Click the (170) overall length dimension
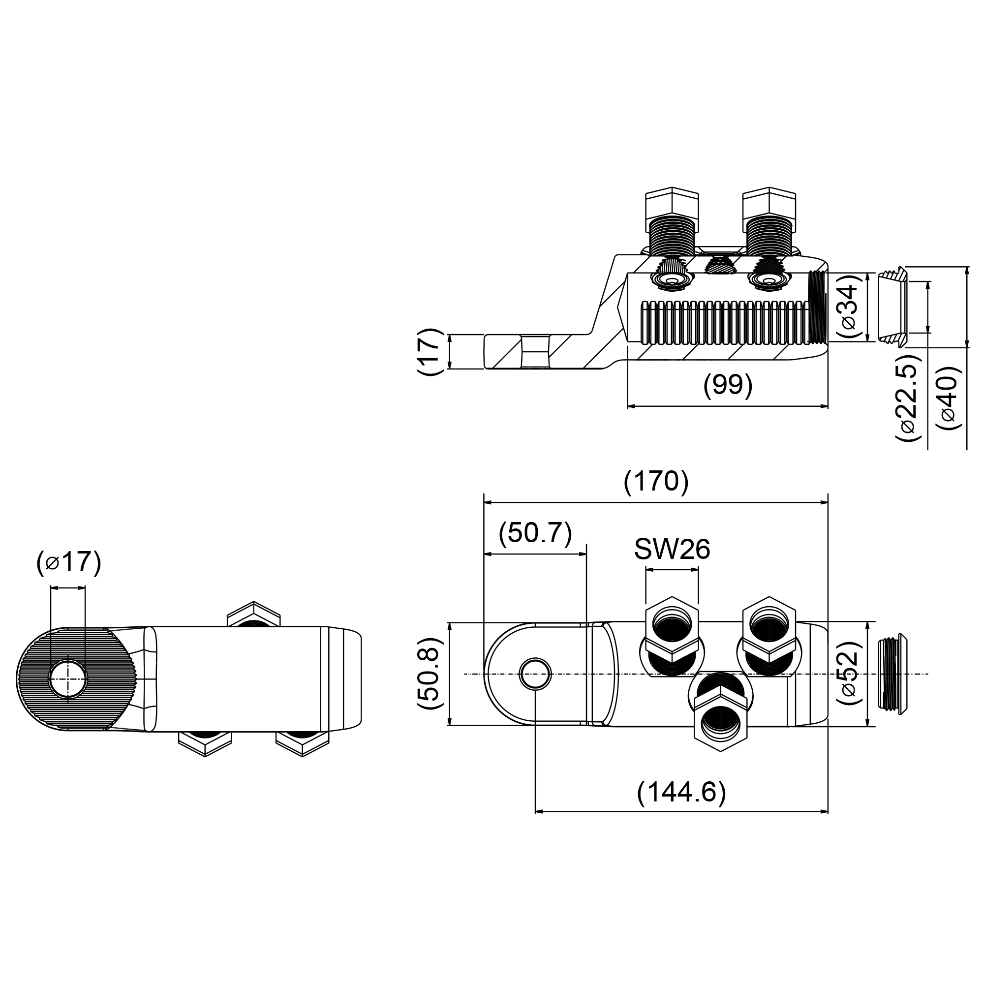655,481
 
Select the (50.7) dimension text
535,534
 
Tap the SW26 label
672,550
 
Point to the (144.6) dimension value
681,792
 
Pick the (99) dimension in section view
727,385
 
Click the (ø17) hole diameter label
69,562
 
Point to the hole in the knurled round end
68,679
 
